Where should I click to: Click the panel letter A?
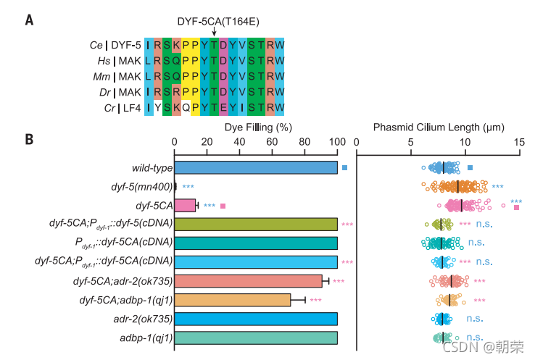coord(29,19)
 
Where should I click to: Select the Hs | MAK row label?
coord(116,60)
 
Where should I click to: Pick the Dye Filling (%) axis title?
coord(258,127)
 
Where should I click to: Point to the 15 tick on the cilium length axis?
coord(518,143)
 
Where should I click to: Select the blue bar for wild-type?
coord(256,168)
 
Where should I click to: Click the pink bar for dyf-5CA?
coord(185,206)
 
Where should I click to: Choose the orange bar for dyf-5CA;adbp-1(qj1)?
coord(232,300)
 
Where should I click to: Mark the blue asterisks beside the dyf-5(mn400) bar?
coord(188,188)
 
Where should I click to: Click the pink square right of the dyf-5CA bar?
coord(223,206)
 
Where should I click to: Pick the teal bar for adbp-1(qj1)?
coord(256,338)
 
